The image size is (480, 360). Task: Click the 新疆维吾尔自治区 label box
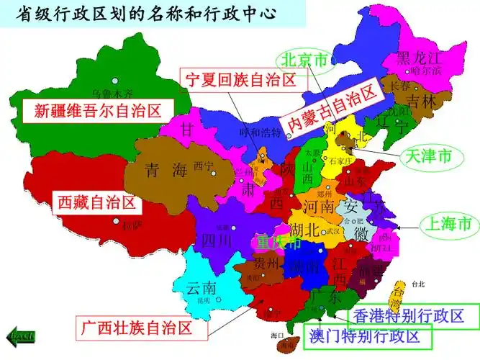(x=97, y=110)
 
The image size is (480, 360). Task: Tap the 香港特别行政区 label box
(x=415, y=315)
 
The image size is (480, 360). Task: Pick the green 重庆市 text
(x=276, y=243)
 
